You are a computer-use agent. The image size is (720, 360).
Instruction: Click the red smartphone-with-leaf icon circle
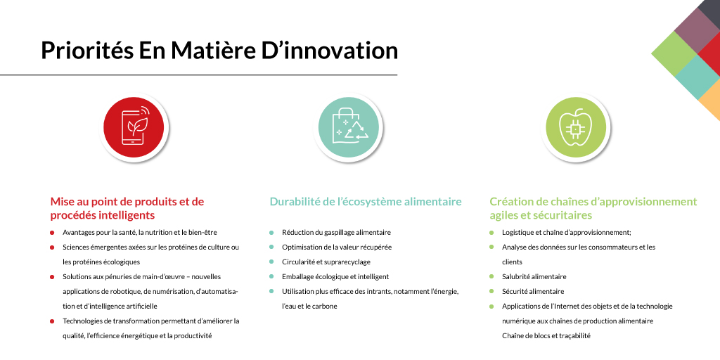point(134,127)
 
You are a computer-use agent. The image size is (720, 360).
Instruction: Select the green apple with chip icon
point(576,127)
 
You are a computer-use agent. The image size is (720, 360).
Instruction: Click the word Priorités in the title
point(85,51)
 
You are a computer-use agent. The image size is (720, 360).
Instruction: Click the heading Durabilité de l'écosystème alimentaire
point(366,202)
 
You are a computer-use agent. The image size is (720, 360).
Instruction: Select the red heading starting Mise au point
point(127,208)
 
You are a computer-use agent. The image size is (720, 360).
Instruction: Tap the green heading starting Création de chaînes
point(593,208)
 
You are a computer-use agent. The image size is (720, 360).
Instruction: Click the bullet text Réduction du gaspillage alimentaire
point(336,232)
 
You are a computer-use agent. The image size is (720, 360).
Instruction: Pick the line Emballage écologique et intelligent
point(335,276)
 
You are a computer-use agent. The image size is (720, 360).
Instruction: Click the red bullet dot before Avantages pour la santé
point(53,232)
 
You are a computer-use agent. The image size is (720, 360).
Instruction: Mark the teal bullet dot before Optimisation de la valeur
point(271,247)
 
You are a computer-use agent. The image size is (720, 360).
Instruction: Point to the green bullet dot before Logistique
point(491,232)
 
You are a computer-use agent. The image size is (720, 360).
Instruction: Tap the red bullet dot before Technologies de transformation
point(53,321)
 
